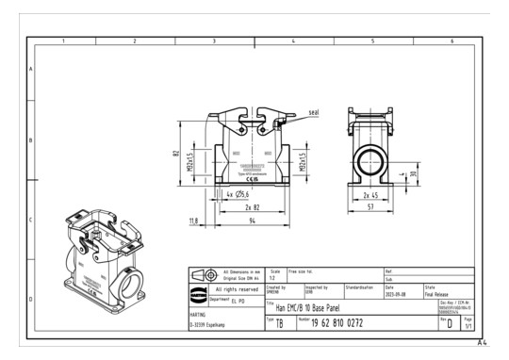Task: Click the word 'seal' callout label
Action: point(314,111)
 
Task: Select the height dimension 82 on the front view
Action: point(177,154)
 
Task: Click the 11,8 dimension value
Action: point(194,221)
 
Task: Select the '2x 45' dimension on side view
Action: point(369,196)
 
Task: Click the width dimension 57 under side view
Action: point(369,207)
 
